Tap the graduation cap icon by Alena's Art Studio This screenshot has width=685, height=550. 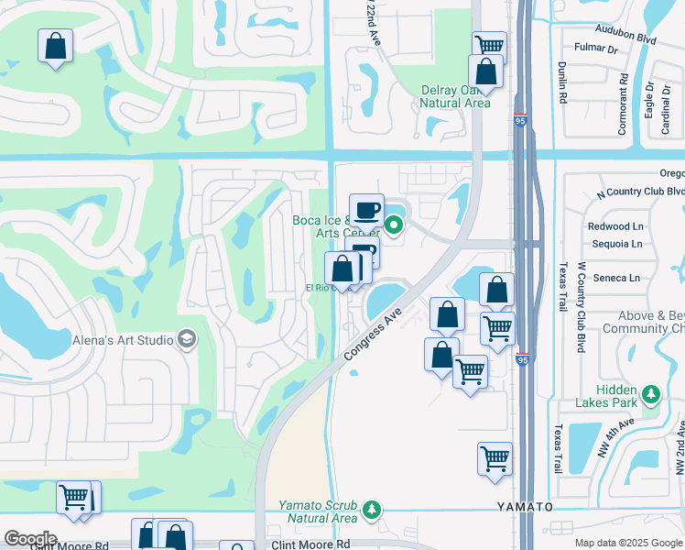[x=188, y=340]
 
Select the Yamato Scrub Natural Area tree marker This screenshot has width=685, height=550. [x=371, y=509]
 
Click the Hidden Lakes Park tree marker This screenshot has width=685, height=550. [x=651, y=394]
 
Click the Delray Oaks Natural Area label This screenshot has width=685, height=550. [x=455, y=96]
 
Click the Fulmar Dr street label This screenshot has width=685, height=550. [x=593, y=47]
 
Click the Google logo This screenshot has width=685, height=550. [x=29, y=539]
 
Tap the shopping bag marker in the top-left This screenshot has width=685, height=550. [x=55, y=45]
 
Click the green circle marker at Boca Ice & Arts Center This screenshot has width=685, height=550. [x=395, y=224]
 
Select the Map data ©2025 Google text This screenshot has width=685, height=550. [x=627, y=543]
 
